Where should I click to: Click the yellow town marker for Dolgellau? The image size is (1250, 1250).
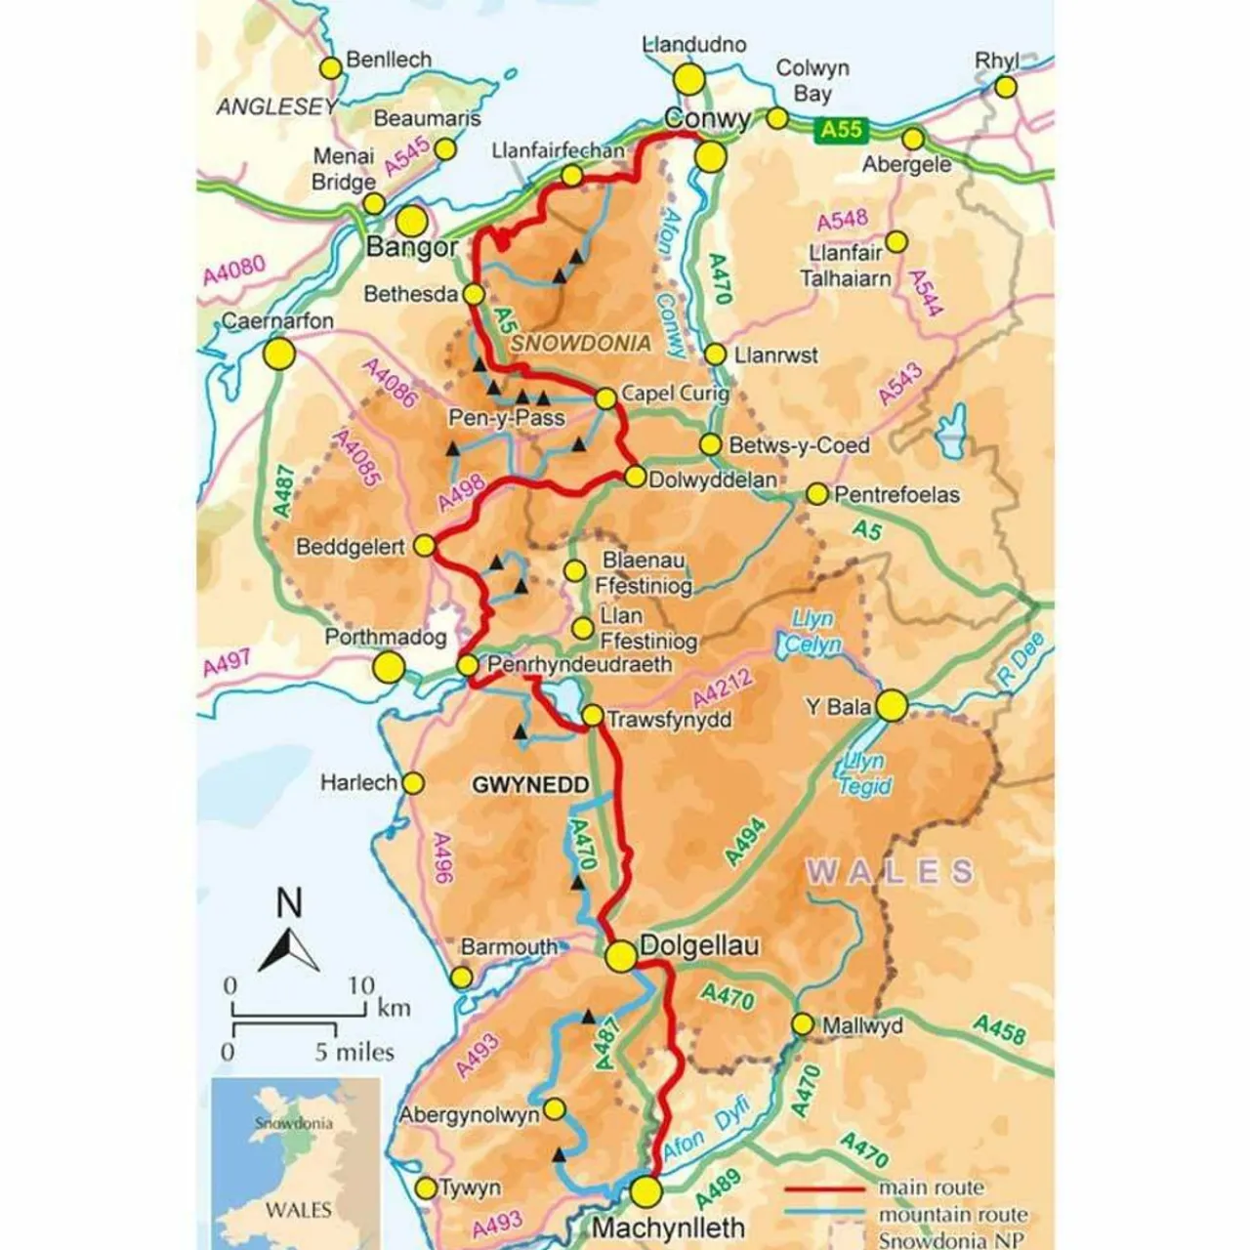coord(621,957)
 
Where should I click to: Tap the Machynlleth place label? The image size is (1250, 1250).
coord(669,1228)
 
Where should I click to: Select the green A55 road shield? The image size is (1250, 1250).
coord(841,129)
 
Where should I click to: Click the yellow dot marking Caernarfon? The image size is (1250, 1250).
coord(280,354)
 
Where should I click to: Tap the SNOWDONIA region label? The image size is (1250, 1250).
coord(580,343)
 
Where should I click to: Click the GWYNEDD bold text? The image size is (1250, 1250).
coord(530,785)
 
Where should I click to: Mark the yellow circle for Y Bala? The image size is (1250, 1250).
coord(892,705)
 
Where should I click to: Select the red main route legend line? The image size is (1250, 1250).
coord(825,1188)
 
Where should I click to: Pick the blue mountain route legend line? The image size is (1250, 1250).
coord(825,1215)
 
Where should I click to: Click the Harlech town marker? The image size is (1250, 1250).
coord(413,783)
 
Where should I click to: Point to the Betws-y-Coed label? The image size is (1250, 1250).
coord(799,445)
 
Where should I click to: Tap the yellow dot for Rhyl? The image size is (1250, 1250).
coord(1006,88)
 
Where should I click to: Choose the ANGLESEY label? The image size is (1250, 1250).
coord(276,106)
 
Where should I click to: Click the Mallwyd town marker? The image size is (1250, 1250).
coord(802,1024)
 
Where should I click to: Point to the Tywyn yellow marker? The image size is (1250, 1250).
coord(426,1187)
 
